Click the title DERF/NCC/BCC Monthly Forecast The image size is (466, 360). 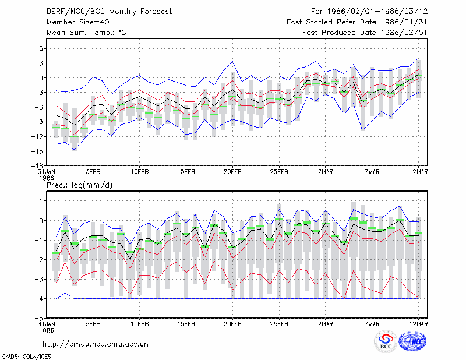(x=109, y=12)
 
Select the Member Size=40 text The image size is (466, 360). (x=78, y=22)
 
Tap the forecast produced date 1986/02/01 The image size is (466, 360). (x=404, y=33)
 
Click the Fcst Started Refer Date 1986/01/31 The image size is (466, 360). (x=356, y=22)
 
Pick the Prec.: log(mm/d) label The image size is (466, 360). (x=79, y=185)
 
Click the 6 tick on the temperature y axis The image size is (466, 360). (x=41, y=48)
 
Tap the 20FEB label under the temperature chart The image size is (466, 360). (x=232, y=172)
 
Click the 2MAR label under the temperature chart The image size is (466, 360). (x=326, y=172)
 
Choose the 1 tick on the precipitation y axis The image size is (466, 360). (x=41, y=201)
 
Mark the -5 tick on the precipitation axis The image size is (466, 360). (x=39, y=318)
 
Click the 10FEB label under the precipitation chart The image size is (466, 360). (x=139, y=324)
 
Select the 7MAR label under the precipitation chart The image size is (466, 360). (x=372, y=324)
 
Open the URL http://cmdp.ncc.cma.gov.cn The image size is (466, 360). (x=96, y=344)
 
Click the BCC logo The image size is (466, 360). (x=386, y=342)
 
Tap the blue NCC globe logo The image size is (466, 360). (x=412, y=341)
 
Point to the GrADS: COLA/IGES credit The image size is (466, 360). (x=26, y=357)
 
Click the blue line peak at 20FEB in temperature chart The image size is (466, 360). (x=232, y=62)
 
